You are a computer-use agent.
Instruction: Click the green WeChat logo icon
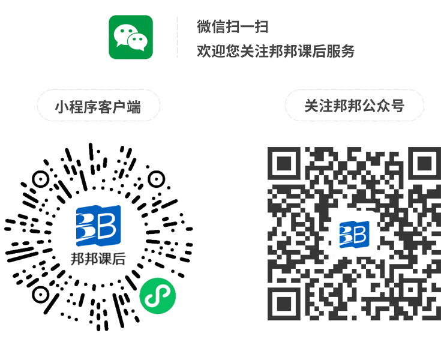(x=130, y=37)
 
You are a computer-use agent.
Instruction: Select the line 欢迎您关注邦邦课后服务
(x=276, y=51)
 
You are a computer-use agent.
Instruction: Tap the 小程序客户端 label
(x=98, y=107)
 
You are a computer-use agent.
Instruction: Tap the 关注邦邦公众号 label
(x=354, y=106)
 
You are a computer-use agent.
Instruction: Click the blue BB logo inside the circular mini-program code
(x=98, y=226)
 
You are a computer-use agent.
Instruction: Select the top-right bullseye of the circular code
(x=156, y=178)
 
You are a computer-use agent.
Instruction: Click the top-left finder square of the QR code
(x=284, y=164)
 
